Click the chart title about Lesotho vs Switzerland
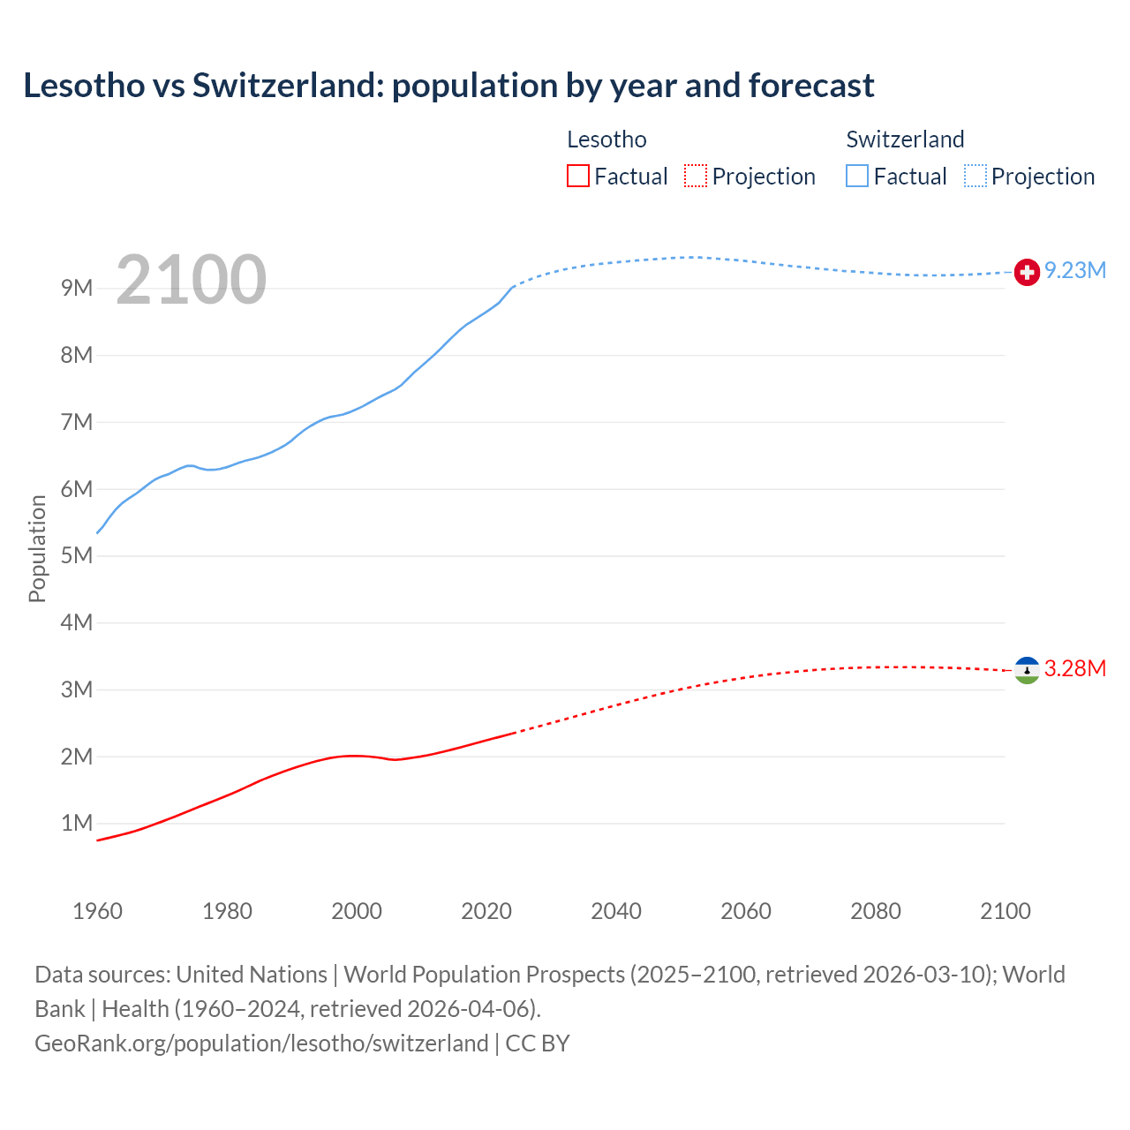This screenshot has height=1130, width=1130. pos(448,86)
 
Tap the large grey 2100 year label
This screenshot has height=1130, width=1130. pos(191,280)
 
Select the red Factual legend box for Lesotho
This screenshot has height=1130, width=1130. pos(577,176)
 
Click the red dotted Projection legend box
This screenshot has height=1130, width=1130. pos(696,176)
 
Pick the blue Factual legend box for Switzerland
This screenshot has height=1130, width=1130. pos(856,176)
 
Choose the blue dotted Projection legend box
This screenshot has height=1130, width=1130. pos(975,176)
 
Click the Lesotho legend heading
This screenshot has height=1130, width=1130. pos(606,139)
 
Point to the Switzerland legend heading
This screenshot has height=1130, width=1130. pos(905,139)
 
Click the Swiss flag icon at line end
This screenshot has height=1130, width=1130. pos(1027,272)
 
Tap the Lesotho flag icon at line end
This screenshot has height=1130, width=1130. pos(1027,670)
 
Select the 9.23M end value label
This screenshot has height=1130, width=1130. pos(1075,271)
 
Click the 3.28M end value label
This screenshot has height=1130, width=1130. pos(1075,669)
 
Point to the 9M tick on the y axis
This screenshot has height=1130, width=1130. pos(77,289)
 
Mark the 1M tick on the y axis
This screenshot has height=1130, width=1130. pos(77,824)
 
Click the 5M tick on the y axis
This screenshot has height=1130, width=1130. pos(77,556)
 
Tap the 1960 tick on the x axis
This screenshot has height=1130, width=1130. pos(97,911)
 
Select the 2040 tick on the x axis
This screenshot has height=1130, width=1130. pos(616,911)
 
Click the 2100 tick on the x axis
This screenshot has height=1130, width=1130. pos(1005,911)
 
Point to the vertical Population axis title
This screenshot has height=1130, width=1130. pos(37,548)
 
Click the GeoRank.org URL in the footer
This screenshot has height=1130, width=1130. pos(261,1043)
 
